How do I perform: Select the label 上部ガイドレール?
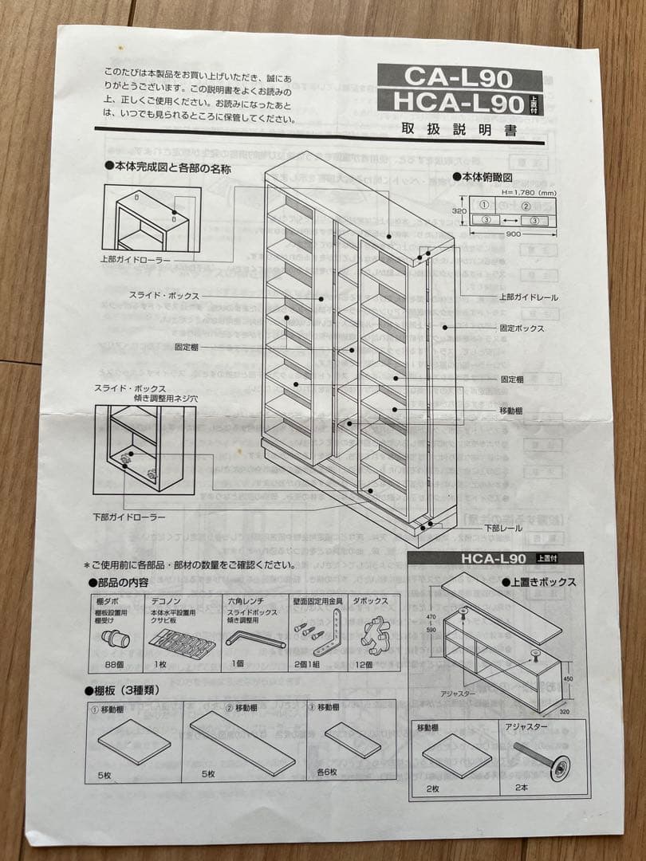(x=529, y=297)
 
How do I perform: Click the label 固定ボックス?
(x=522, y=328)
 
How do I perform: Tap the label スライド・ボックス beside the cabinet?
(x=163, y=296)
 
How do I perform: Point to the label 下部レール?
(x=505, y=529)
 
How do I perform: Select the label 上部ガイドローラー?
(x=135, y=260)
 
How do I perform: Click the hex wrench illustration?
(x=254, y=639)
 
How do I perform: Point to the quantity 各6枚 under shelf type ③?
(x=327, y=772)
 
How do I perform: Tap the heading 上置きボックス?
(x=542, y=582)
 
